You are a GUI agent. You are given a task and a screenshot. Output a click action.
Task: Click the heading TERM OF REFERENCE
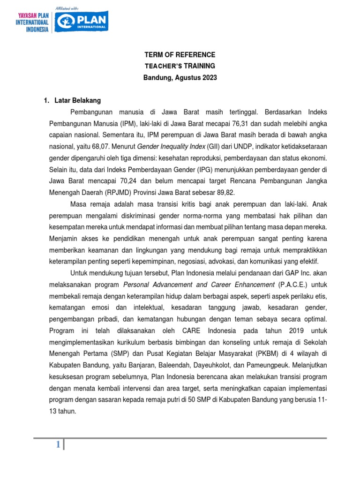coord(180,55)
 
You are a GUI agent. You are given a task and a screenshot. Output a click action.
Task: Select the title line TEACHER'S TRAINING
coord(180,66)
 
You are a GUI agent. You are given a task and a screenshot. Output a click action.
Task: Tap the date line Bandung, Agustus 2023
coord(180,78)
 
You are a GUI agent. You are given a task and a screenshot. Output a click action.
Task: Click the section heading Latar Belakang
coord(77,100)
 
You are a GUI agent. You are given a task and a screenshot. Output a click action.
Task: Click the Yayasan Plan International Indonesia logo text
coord(33,22)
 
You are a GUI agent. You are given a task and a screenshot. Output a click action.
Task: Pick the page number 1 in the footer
coord(58,445)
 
